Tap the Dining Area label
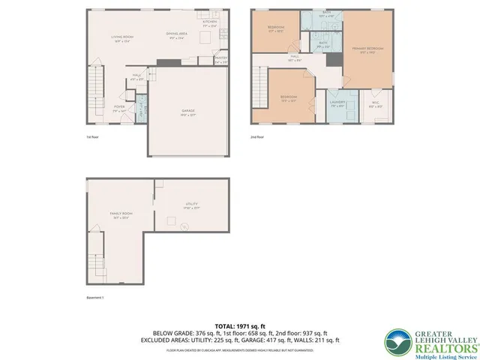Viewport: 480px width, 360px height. [x=177, y=35]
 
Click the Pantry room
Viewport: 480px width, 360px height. [x=220, y=60]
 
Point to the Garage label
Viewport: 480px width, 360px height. [x=188, y=112]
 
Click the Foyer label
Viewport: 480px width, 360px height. [x=119, y=107]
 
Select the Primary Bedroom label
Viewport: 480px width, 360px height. [x=367, y=49]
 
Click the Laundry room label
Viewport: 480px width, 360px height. [x=338, y=104]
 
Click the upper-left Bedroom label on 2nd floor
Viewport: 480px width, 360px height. [x=275, y=30]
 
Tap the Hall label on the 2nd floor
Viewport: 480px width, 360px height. [x=295, y=58]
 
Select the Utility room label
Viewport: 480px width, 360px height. [x=191, y=205]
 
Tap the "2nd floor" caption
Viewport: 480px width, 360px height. [x=259, y=137]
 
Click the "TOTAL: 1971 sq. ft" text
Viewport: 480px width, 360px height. [x=241, y=326]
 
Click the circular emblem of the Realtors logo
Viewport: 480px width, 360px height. [x=396, y=341]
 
